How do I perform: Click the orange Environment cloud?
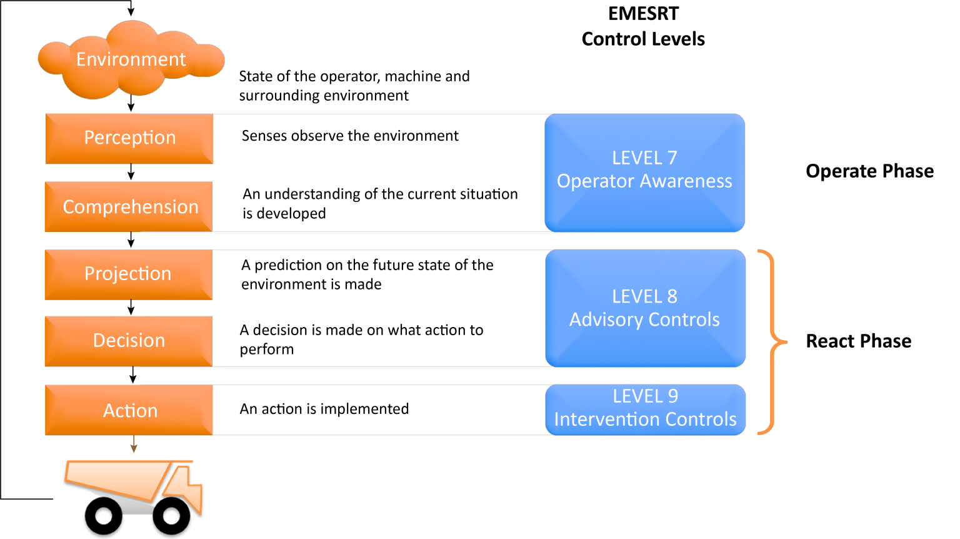131,60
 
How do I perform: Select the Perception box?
129,138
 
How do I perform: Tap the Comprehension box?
129,207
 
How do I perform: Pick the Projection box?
129,275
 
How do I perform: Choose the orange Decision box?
129,341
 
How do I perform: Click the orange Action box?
129,410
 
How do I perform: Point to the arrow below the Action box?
133,445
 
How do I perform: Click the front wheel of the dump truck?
171,516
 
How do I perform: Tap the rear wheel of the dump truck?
103,516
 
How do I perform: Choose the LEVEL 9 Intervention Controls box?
645,409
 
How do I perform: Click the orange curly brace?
773,342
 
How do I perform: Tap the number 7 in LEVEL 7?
672,158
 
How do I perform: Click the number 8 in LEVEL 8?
672,296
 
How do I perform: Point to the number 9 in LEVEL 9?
672,396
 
